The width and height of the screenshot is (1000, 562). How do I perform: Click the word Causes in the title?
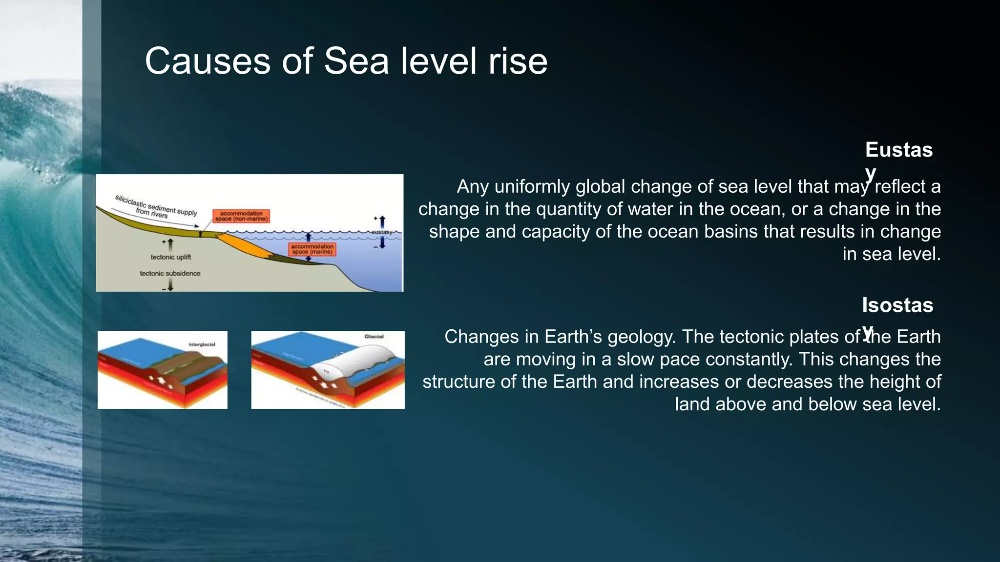pyautogui.click(x=208, y=61)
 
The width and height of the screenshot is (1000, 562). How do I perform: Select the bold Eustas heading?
pyautogui.click(x=898, y=150)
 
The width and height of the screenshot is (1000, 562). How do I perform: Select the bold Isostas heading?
pyautogui.click(x=897, y=305)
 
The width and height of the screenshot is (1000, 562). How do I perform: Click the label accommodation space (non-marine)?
pyautogui.click(x=241, y=216)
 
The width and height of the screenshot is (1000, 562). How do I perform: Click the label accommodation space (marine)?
pyautogui.click(x=312, y=249)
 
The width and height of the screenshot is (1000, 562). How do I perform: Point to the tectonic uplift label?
pyautogui.click(x=171, y=257)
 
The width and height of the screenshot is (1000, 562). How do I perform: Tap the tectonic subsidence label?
pyautogui.click(x=170, y=273)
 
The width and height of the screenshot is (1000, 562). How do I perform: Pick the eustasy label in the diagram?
pyautogui.click(x=381, y=232)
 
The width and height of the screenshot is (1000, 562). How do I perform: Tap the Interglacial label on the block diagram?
pyautogui.click(x=202, y=344)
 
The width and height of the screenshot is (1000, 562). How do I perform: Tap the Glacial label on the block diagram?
pyautogui.click(x=374, y=337)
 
